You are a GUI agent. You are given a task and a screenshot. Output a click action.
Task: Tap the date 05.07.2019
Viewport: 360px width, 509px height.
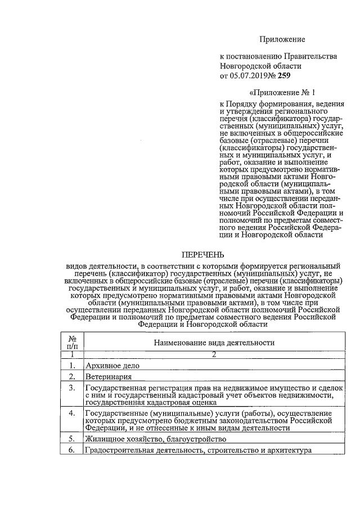[x=251, y=75]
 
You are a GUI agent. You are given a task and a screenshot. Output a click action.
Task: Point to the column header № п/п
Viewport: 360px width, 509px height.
[x=72, y=342]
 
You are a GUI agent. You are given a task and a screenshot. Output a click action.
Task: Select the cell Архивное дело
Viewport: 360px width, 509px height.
[x=112, y=366]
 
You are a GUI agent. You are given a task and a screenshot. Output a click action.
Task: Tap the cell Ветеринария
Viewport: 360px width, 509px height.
[x=109, y=377]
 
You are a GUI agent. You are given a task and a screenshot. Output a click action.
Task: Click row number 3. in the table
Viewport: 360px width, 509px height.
[x=72, y=388]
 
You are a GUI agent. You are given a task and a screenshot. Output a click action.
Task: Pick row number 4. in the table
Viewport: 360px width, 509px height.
[x=72, y=413]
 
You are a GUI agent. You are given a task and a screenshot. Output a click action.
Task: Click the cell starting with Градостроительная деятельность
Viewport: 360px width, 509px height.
[x=197, y=451]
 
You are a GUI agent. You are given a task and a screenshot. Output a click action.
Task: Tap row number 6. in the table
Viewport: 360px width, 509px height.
[x=72, y=451]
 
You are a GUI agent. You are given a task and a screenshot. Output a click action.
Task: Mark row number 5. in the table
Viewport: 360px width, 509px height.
[x=72, y=438]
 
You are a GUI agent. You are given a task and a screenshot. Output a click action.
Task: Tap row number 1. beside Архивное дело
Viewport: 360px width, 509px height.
[x=72, y=366]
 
